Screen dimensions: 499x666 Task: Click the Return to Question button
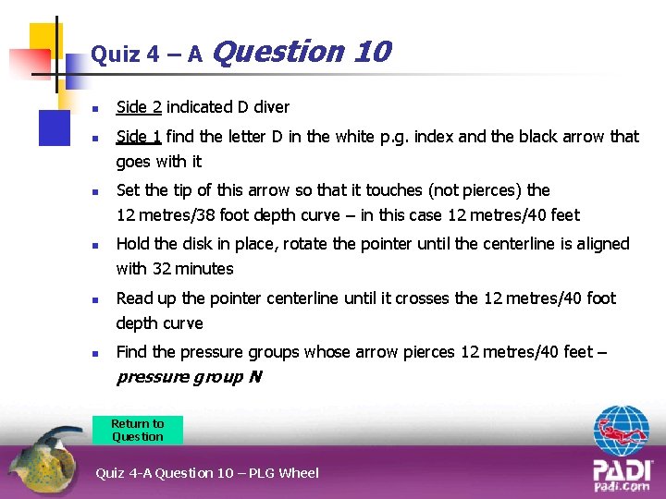tap(138, 431)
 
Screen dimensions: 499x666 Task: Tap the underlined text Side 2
tap(139, 107)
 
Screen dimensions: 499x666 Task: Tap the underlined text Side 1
tap(139, 137)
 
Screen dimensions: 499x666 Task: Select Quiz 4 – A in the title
tap(146, 55)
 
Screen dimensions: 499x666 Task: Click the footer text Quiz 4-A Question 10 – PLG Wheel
tap(207, 473)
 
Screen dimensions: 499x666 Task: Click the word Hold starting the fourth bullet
tap(132, 244)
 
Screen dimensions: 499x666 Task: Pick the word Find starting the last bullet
tap(131, 352)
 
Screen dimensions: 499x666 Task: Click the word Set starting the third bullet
tap(128, 190)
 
